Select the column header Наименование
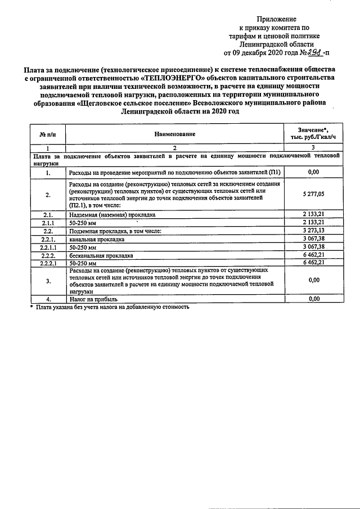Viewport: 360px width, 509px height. (x=174, y=134)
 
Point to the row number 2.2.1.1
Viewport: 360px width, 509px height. (x=48, y=246)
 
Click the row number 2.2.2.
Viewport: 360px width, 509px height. (x=48, y=254)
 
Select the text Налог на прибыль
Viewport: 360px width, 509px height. (x=93, y=299)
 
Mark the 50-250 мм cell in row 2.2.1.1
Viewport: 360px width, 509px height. (x=83, y=246)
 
